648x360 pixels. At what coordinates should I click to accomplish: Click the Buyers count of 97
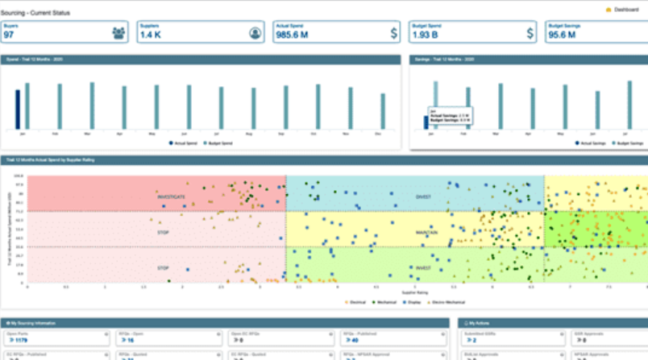pyautogui.click(x=10, y=35)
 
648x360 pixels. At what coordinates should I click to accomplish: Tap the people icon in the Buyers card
pyautogui.click(x=119, y=33)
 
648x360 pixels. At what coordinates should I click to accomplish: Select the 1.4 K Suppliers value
pyautogui.click(x=152, y=35)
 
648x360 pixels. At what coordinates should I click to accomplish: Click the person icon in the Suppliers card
pyautogui.click(x=255, y=33)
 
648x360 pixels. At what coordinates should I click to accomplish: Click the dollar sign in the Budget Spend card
pyautogui.click(x=530, y=33)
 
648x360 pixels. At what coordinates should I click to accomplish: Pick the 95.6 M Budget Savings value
pyautogui.click(x=564, y=35)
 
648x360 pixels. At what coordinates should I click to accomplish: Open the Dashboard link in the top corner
pyautogui.click(x=625, y=10)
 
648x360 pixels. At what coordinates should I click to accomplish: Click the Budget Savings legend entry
pyautogui.click(x=629, y=143)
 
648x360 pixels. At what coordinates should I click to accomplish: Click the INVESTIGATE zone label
pyautogui.click(x=172, y=196)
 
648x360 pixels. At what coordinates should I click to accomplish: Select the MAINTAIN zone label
pyautogui.click(x=427, y=231)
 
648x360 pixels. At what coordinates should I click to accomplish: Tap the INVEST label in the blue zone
pyautogui.click(x=423, y=196)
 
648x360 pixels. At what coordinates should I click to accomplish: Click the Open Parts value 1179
pyautogui.click(x=15, y=341)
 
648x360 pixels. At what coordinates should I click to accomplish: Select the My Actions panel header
pyautogui.click(x=481, y=322)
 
